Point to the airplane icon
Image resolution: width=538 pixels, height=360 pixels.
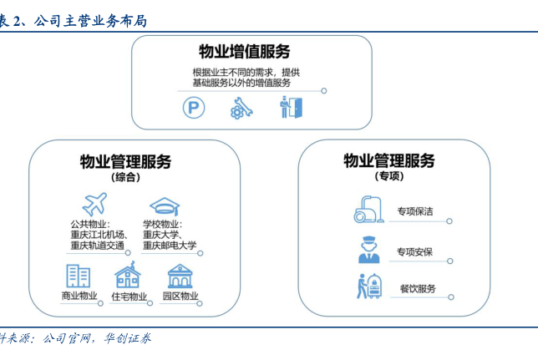[94, 205]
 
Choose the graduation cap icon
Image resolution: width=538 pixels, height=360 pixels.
[164, 205]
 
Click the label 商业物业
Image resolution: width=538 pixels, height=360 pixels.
[79, 297]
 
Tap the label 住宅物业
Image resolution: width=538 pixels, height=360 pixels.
[129, 297]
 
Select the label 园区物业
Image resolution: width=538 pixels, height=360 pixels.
[180, 297]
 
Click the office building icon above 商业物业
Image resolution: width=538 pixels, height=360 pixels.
[79, 276]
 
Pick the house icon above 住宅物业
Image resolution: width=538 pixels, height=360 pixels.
[128, 276]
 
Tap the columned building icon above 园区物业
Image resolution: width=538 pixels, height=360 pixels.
[180, 276]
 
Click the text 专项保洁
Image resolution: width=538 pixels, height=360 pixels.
[415, 211]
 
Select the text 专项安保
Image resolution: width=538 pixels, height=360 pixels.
[415, 251]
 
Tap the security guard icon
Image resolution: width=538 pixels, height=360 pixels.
[368, 250]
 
